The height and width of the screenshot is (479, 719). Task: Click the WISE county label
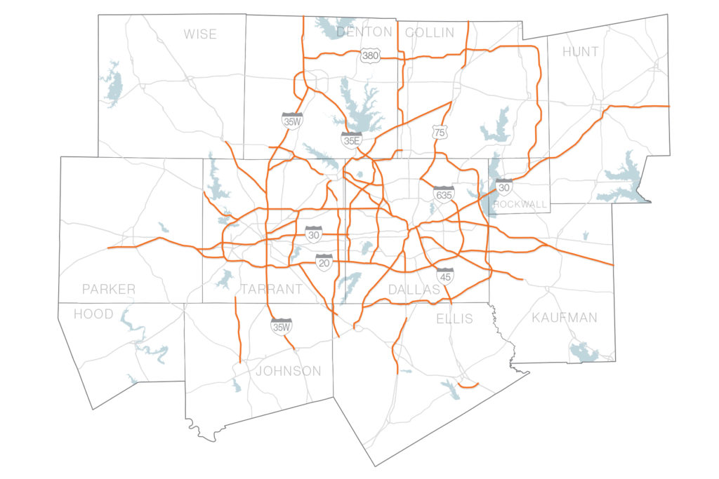click(200, 34)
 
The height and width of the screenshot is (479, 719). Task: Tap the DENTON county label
click(364, 32)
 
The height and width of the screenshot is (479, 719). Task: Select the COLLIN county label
click(430, 32)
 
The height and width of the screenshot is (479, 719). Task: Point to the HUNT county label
click(581, 52)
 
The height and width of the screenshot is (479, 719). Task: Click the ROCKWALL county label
click(520, 204)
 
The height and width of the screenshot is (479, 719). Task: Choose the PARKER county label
click(109, 289)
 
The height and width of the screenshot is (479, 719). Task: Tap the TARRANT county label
click(271, 289)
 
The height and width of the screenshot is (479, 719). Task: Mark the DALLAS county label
click(414, 289)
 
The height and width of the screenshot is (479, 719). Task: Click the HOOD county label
click(93, 313)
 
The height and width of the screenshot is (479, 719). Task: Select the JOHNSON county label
click(289, 371)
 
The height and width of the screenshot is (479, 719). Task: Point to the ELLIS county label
click(454, 319)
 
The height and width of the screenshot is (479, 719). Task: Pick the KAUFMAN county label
click(565, 318)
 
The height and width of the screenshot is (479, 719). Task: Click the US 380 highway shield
click(370, 55)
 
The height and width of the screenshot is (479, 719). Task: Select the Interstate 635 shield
click(444, 193)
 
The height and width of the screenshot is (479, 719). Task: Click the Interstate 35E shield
click(352, 140)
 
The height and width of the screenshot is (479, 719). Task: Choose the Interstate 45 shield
click(444, 275)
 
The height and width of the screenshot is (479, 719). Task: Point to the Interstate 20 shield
click(324, 262)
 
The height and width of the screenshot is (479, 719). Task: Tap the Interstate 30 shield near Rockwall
click(504, 187)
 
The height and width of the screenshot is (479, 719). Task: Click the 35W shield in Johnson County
click(282, 325)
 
